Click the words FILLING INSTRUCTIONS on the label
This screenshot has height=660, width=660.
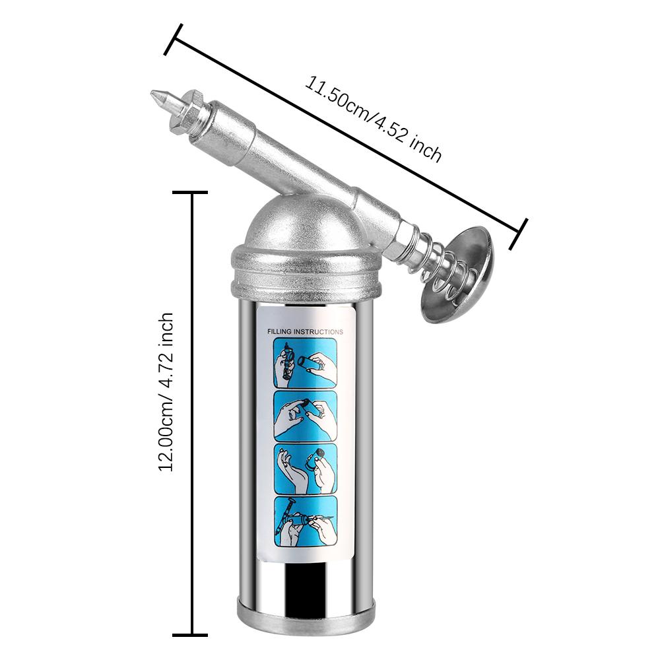(305, 332)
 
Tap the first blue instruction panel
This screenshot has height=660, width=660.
(306, 363)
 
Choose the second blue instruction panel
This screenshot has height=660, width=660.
(306, 416)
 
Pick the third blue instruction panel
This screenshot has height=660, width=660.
(306, 469)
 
